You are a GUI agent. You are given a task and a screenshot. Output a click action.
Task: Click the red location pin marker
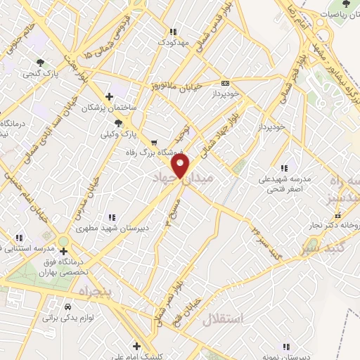tap(181, 166)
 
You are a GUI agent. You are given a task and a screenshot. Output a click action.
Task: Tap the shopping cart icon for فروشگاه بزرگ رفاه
tap(154, 141)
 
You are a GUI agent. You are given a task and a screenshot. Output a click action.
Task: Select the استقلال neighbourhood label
tap(222, 319)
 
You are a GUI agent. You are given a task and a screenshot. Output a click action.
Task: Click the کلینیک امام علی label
tap(137, 356)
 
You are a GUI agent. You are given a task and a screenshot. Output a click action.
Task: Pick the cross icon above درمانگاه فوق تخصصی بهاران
tap(64, 251)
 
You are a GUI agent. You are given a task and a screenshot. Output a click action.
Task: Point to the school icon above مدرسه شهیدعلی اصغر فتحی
tap(284, 169)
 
